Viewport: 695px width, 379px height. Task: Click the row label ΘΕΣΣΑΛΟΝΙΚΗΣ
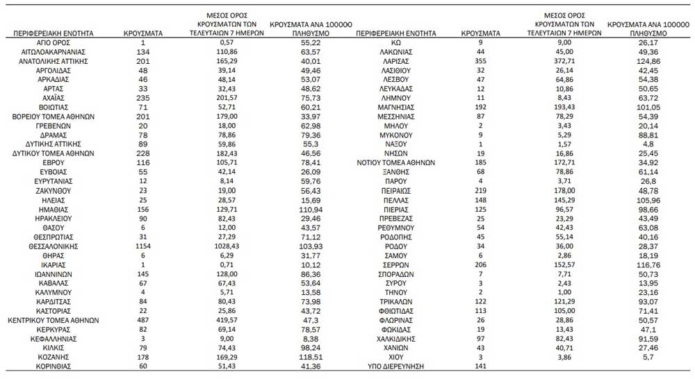pyautogui.click(x=53, y=246)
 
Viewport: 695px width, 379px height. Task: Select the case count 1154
pyautogui.click(x=142, y=246)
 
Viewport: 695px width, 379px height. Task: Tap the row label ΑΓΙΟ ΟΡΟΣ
pyautogui.click(x=53, y=42)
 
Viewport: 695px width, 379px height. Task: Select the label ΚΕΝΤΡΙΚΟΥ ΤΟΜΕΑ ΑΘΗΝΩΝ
pyautogui.click(x=53, y=320)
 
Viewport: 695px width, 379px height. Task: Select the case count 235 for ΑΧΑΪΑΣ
pyautogui.click(x=142, y=98)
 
